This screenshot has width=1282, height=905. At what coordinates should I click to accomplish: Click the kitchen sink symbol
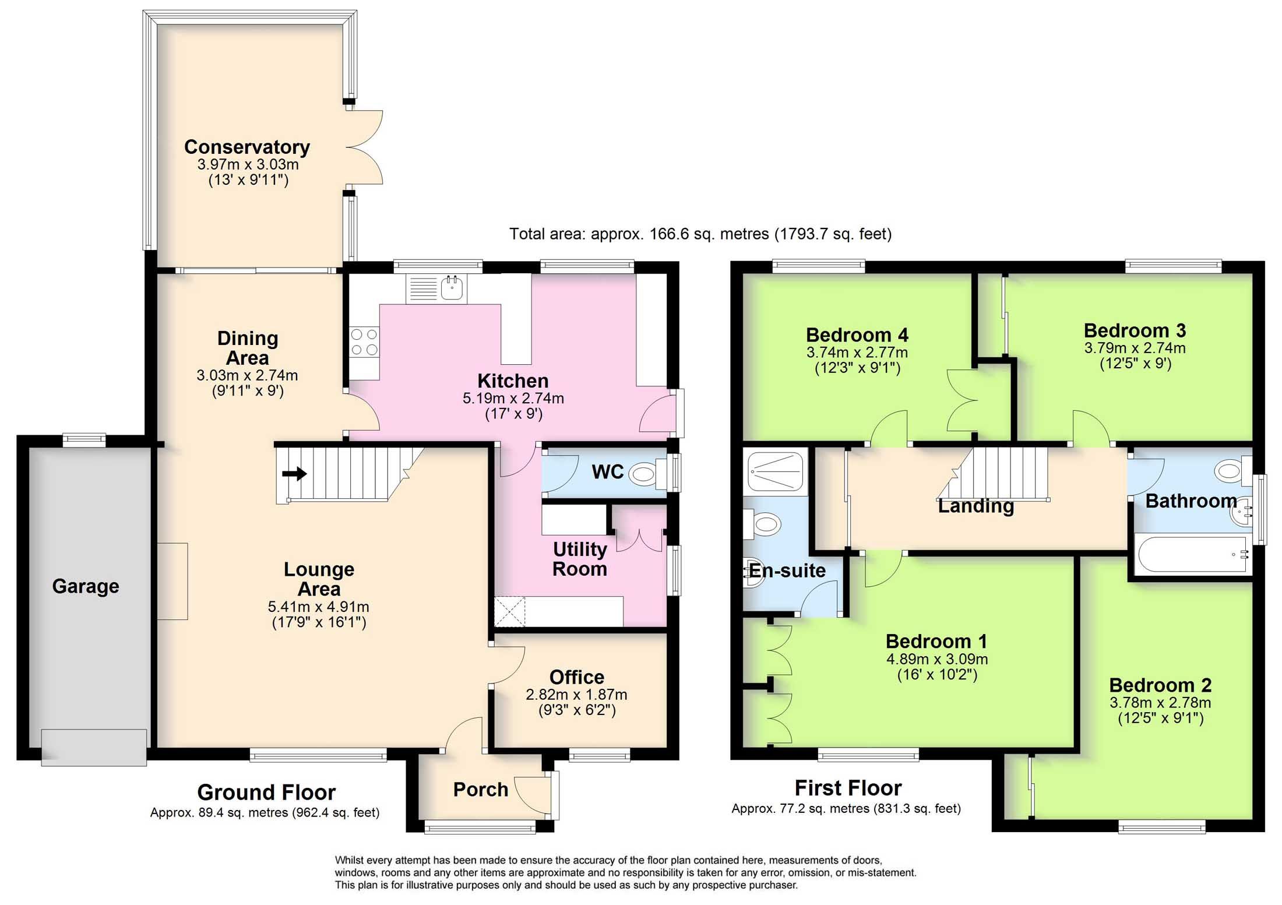pos(452,287)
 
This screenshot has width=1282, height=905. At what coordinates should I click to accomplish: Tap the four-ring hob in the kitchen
pos(364,342)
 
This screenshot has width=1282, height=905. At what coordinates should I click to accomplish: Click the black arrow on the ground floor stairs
pos(295,473)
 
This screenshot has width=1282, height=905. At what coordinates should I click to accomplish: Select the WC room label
pos(607,472)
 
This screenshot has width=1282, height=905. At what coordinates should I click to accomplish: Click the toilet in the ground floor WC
pos(646,474)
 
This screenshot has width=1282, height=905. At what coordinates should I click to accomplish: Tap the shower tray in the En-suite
pos(776,470)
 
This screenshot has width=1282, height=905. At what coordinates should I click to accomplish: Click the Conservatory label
pos(247,147)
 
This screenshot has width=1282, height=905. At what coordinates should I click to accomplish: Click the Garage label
pos(86,586)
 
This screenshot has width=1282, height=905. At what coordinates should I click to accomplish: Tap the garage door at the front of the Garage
pos(94,747)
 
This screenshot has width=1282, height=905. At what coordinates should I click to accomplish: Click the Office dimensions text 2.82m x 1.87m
pos(576,695)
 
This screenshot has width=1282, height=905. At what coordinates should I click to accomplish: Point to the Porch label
pos(481,790)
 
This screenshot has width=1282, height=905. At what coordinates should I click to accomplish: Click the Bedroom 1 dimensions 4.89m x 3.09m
pos(937,659)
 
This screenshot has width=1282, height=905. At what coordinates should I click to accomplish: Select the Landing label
pos(975,506)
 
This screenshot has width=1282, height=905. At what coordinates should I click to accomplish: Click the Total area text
pos(700,234)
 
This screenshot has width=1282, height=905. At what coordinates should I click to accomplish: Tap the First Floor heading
pos(848,788)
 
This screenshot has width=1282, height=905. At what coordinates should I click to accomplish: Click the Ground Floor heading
pos(266,793)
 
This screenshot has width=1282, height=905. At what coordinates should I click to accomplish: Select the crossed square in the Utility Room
pos(509,611)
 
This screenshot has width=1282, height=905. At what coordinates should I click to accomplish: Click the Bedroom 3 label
pos(1135,330)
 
